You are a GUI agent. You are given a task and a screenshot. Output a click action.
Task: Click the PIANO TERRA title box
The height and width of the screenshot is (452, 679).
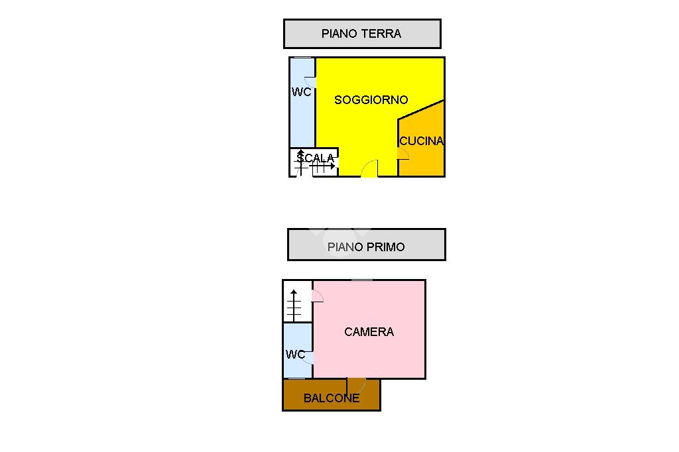click(362, 34)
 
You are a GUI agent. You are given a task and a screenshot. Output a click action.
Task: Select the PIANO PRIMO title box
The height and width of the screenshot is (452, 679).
click(366, 245)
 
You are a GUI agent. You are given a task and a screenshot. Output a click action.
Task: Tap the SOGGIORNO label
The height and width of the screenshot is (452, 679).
click(371, 100)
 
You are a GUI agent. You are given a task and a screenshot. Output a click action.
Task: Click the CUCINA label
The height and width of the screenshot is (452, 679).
click(421, 141)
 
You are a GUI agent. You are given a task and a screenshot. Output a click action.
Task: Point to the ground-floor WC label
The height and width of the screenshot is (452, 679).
click(302, 92)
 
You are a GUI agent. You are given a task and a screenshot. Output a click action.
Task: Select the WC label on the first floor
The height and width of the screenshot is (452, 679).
click(295, 355)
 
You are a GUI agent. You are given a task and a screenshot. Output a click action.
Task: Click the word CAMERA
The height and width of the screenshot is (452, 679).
click(369, 331)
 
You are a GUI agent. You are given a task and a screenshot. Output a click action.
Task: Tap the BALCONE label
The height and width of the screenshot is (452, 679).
click(332, 398)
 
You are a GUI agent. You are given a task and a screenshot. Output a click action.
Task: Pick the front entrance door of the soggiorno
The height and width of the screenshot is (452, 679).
click(369, 170)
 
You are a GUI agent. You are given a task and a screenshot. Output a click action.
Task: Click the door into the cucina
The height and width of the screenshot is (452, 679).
click(403, 153)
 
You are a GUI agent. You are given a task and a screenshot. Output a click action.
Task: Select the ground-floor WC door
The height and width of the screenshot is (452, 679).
click(310, 83)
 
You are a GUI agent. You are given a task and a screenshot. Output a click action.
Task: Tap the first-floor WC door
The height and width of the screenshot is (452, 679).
click(309, 357)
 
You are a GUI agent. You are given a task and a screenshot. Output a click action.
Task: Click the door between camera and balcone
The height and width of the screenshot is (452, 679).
click(356, 384)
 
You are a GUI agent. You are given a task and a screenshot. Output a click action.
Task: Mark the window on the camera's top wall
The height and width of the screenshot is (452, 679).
click(361, 280)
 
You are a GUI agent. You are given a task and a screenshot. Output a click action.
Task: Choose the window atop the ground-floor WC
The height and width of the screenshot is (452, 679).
click(302, 58)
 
